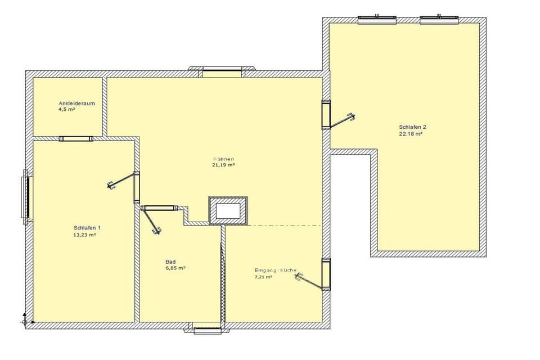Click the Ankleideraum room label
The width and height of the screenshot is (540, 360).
point(76,104)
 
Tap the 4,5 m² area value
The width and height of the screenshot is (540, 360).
point(67,110)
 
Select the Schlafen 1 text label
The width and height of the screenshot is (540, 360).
point(87,228)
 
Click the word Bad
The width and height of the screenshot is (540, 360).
point(170,262)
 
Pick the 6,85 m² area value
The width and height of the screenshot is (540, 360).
point(175,268)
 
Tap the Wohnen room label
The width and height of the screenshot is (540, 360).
point(223,159)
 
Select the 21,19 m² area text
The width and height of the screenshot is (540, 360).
point(223,165)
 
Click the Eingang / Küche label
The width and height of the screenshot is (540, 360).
point(276,271)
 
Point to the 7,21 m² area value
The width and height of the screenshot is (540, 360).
point(263,277)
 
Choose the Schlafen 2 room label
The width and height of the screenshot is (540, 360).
point(413,127)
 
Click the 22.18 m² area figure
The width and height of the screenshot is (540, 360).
point(411,134)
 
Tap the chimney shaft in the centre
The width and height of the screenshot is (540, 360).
point(228,211)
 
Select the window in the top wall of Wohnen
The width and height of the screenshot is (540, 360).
point(222,71)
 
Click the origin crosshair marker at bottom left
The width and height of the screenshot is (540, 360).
point(24,322)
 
